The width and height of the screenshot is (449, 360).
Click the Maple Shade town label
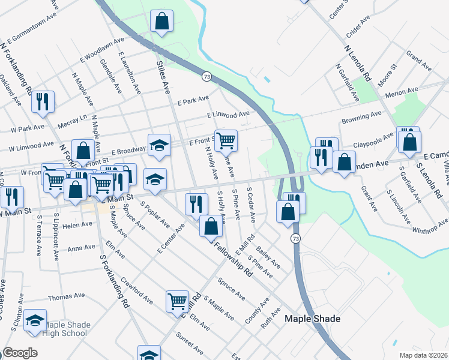[x=312, y=319]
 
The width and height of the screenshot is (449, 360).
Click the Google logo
[x=20, y=353]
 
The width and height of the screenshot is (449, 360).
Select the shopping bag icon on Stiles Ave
[x=161, y=22]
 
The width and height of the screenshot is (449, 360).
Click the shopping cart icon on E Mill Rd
[x=178, y=301]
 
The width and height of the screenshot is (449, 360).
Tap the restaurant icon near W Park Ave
[x=43, y=101]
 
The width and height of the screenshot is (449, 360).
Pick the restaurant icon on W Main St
[x=12, y=196]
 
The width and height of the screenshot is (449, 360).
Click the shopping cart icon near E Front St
[x=226, y=140]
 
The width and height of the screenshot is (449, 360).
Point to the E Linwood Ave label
[x=228, y=114]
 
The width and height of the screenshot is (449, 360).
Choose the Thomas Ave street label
[x=67, y=297]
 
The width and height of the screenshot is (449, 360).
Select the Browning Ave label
[x=361, y=116]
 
